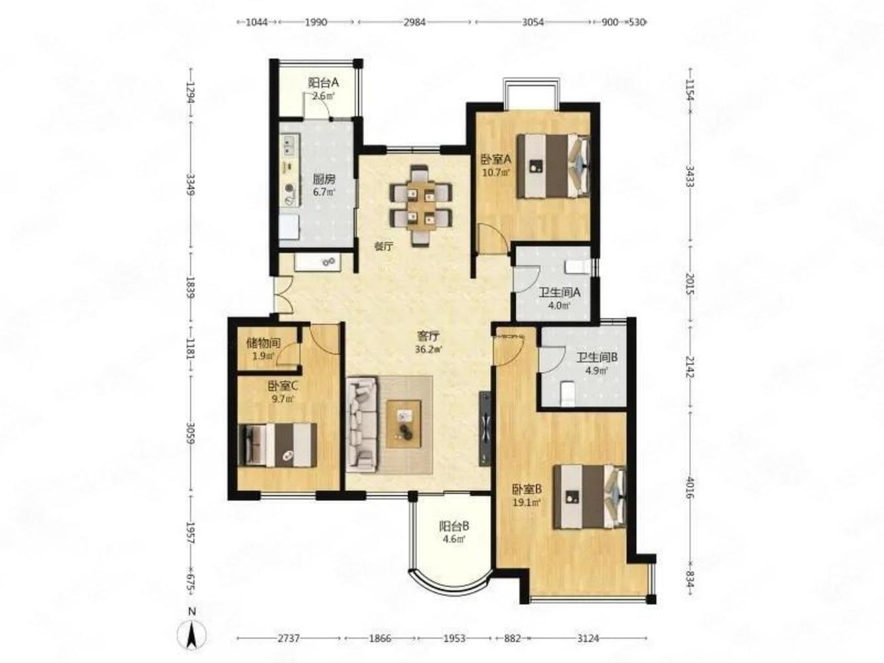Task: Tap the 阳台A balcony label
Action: click(x=324, y=83)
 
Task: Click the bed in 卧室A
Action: click(x=554, y=166)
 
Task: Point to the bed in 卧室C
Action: click(x=277, y=445)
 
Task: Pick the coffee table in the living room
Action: click(x=404, y=424)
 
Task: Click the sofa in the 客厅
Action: click(x=363, y=424)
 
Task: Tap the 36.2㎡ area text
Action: click(x=428, y=349)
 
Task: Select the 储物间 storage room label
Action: click(x=263, y=343)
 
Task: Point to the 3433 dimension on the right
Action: click(x=690, y=176)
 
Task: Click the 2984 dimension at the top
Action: click(x=415, y=22)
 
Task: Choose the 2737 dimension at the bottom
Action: click(x=288, y=638)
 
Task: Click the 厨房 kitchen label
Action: click(x=324, y=179)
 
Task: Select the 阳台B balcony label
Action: click(x=454, y=526)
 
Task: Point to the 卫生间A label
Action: click(x=560, y=292)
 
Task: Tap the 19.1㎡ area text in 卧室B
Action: click(x=527, y=502)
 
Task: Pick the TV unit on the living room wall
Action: click(x=485, y=429)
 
